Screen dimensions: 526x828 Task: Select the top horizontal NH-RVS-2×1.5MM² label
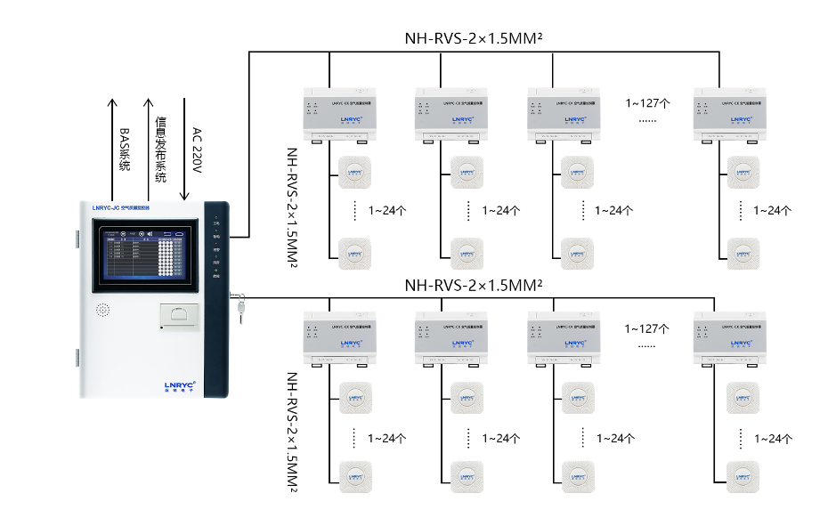[x=474, y=39]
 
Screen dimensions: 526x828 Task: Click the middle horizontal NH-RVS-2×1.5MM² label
[x=474, y=286]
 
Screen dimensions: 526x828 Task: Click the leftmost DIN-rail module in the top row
[x=339, y=114]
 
